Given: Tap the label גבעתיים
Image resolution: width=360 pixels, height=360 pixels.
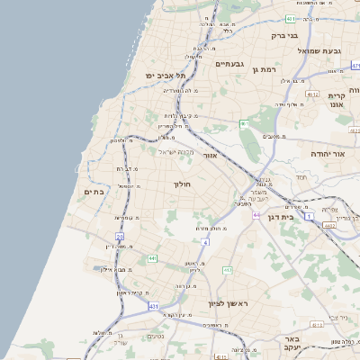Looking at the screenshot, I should (229, 65).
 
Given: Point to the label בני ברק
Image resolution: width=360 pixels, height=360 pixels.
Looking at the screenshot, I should (286, 37).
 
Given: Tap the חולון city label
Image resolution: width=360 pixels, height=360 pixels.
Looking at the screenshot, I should (183, 185).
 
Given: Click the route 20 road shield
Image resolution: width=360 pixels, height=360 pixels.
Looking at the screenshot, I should (120, 236).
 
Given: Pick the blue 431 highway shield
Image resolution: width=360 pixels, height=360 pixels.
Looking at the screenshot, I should (153, 307).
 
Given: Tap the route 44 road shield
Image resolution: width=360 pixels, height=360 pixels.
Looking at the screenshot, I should (257, 215).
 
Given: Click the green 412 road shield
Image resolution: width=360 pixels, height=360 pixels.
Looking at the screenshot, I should (228, 270).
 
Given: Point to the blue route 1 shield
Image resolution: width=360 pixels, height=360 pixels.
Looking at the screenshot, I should (309, 217).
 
